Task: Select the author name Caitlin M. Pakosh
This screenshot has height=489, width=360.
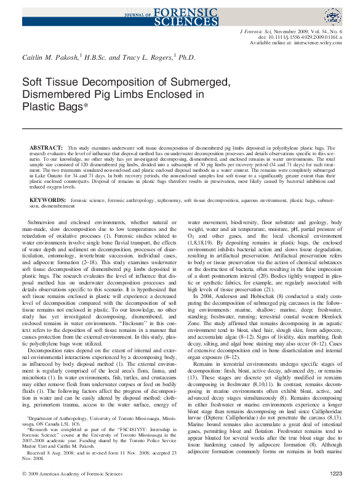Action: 47,57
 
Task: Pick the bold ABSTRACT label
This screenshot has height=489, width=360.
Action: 46,148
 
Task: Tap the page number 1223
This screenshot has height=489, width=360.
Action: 335,474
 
